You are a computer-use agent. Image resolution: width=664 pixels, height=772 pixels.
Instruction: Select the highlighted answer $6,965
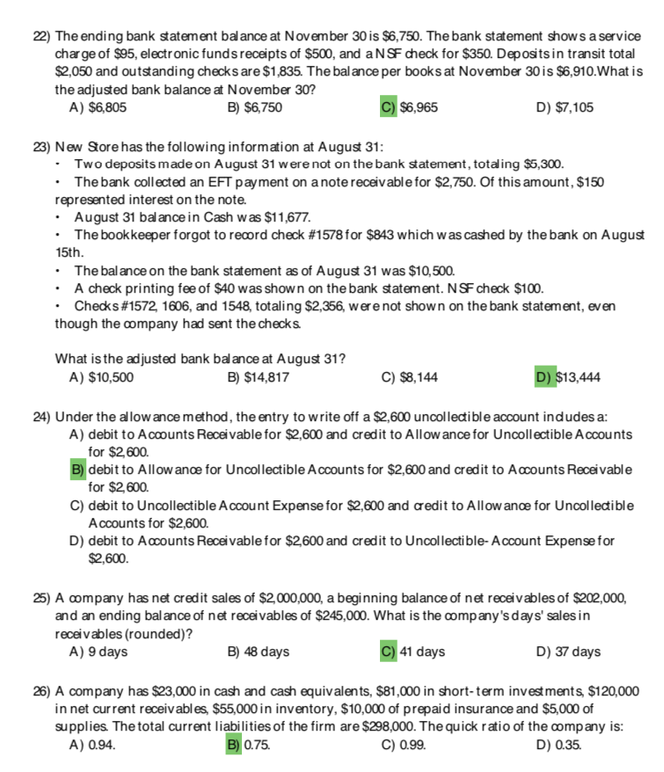419,107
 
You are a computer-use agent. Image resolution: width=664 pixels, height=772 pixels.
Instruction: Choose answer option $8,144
418,378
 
